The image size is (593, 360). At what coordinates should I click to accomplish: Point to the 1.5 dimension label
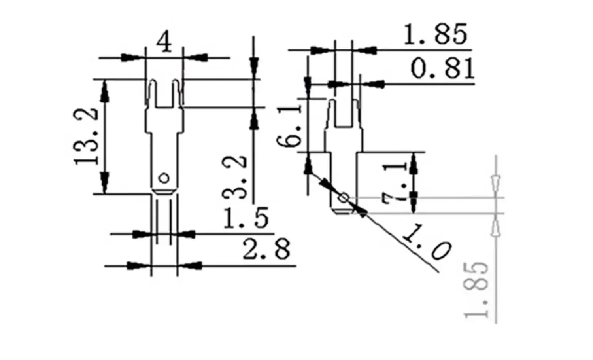246,218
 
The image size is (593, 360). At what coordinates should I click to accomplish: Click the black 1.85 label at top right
435,34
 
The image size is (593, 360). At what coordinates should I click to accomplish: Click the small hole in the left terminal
164,178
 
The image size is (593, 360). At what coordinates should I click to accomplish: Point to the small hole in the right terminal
344,197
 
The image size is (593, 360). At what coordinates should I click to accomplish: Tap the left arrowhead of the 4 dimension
130,57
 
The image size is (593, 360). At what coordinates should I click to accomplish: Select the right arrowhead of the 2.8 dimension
193,265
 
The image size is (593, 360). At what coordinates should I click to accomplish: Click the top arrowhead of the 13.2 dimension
105,89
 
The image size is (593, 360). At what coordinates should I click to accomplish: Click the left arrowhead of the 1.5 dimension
141,234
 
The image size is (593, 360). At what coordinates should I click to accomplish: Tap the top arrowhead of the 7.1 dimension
414,163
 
